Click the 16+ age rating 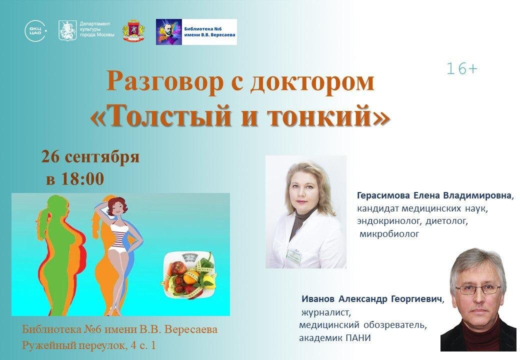coord(462,69)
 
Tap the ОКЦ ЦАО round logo coord(35,31)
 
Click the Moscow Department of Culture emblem coord(67,31)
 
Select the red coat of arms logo coord(134,31)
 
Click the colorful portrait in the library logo coord(168,32)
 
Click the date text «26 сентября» coord(90,157)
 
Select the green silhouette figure coord(55,255)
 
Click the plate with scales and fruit coord(190,272)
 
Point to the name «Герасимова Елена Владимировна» coord(434,195)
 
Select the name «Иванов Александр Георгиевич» coord(372,299)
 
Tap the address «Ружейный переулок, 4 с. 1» coord(89,345)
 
